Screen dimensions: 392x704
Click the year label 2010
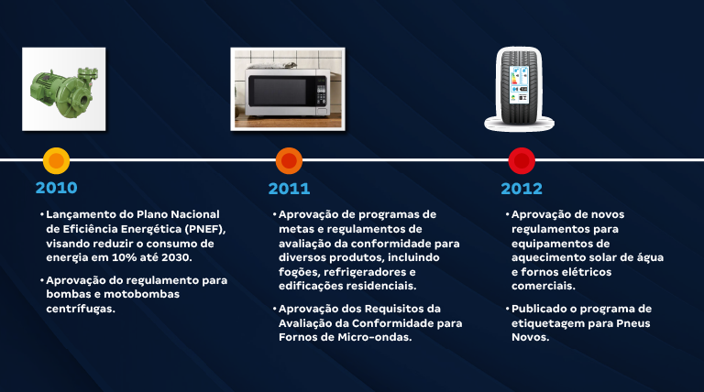tap(56, 189)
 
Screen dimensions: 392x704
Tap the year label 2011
tap(289, 189)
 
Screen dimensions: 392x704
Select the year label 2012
tap(522, 189)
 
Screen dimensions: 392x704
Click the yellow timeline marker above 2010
tap(57, 161)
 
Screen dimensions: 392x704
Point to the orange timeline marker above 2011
tap(290, 161)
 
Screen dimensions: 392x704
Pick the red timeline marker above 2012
tap(522, 161)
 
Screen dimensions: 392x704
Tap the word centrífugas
tap(82, 309)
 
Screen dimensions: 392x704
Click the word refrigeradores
tap(358, 272)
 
